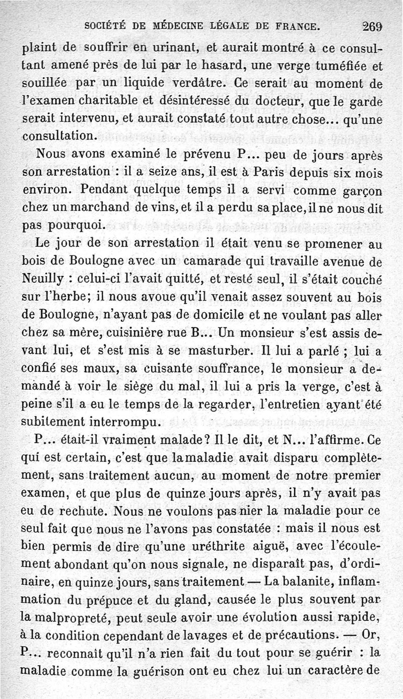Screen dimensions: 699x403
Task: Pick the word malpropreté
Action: [x=71, y=616]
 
